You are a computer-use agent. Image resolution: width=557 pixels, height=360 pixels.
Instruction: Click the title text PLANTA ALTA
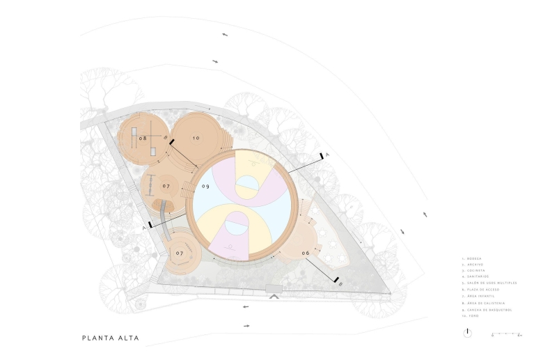[x=110, y=338]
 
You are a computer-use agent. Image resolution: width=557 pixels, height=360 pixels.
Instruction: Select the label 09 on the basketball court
[x=206, y=187]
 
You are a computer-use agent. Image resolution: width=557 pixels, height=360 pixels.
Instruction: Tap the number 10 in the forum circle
[x=196, y=139]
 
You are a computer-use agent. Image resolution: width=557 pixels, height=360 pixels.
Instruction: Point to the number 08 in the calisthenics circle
[x=143, y=139]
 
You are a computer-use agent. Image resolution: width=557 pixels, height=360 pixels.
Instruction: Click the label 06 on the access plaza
[x=305, y=252]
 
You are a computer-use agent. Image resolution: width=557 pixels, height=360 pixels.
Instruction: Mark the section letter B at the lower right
[x=338, y=284]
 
